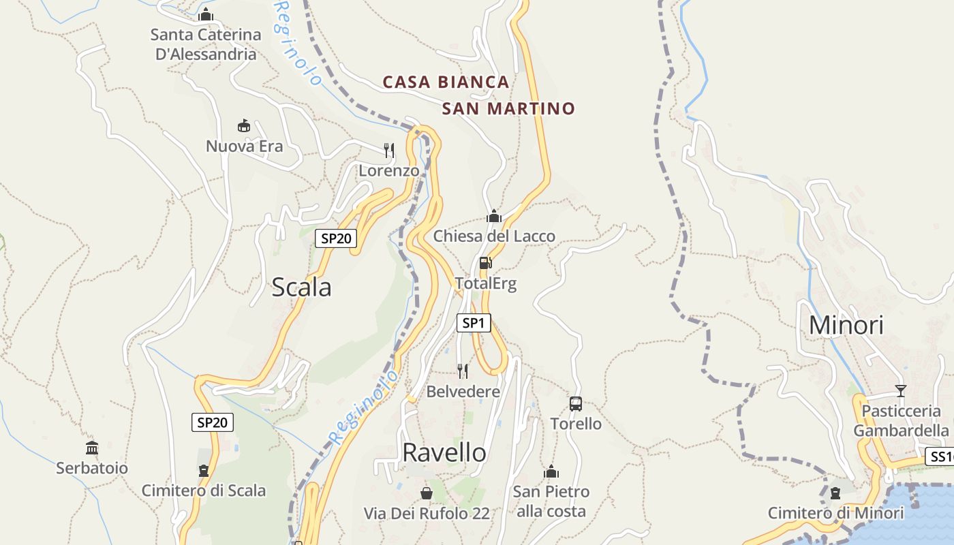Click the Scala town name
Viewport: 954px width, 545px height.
click(301, 287)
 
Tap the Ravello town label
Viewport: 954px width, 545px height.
click(444, 452)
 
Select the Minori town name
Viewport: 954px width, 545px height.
click(846, 325)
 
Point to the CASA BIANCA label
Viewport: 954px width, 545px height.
click(446, 82)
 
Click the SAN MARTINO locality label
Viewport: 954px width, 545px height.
click(508, 108)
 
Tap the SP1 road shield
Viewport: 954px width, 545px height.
click(473, 323)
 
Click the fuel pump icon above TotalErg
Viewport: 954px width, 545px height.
click(485, 263)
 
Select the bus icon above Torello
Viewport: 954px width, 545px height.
click(576, 404)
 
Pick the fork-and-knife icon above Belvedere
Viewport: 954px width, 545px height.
click(463, 371)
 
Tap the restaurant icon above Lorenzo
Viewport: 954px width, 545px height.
click(389, 151)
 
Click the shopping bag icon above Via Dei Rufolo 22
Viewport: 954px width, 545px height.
click(427, 493)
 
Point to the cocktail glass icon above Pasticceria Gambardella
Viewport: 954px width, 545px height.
click(901, 391)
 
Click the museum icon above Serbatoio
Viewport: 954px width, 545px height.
click(92, 448)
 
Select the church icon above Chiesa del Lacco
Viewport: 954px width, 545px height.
click(494, 217)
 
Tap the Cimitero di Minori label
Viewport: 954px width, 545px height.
click(836, 513)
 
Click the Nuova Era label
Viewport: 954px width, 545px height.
click(244, 146)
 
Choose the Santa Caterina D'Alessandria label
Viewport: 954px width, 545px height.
click(206, 44)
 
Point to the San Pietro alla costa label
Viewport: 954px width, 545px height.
click(551, 501)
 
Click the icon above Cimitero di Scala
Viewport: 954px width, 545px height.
click(203, 470)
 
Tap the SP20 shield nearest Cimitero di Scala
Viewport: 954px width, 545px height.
click(212, 422)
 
